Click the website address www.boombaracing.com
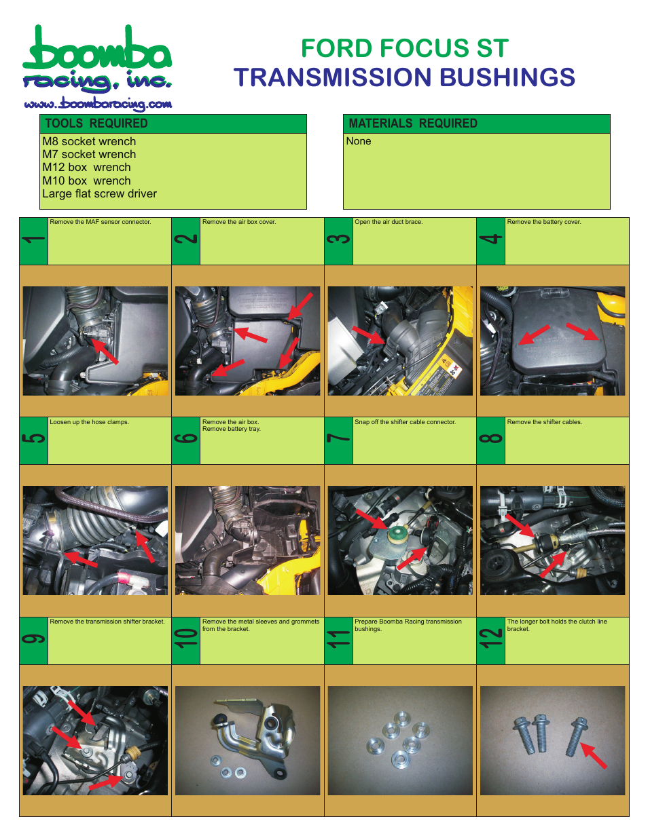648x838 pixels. (98, 104)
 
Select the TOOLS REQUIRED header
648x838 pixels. (96, 123)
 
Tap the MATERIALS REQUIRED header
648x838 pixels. (412, 123)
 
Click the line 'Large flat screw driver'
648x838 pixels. (99, 194)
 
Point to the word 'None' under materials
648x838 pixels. (359, 141)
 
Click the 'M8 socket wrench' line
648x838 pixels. (89, 142)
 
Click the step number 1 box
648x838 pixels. (33, 241)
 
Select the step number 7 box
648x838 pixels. (338, 440)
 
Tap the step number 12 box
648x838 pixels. (490, 641)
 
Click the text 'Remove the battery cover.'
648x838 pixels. (544, 222)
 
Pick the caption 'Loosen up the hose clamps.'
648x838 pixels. (89, 422)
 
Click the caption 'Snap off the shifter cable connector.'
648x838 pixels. (405, 422)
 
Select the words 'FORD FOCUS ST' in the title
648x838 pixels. (404, 49)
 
